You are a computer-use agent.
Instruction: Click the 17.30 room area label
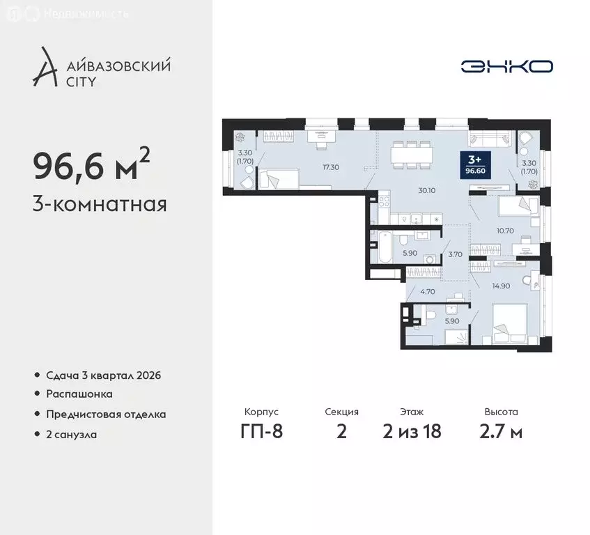(331, 168)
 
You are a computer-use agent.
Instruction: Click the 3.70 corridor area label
(456, 255)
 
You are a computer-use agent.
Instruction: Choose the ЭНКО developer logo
(507, 66)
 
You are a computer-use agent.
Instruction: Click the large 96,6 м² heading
(91, 165)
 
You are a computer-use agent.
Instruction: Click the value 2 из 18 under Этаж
(412, 431)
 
